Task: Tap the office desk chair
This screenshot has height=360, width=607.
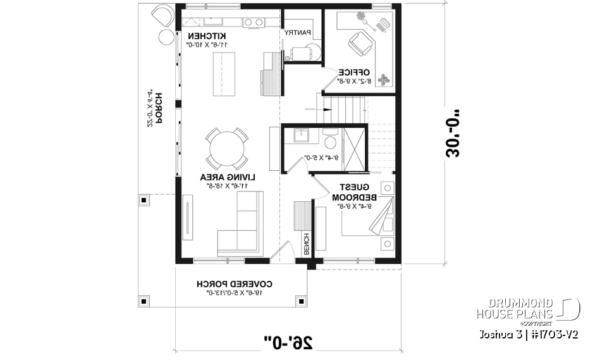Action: [x=361, y=44]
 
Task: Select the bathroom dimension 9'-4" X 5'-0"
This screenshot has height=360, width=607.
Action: [x=323, y=157]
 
